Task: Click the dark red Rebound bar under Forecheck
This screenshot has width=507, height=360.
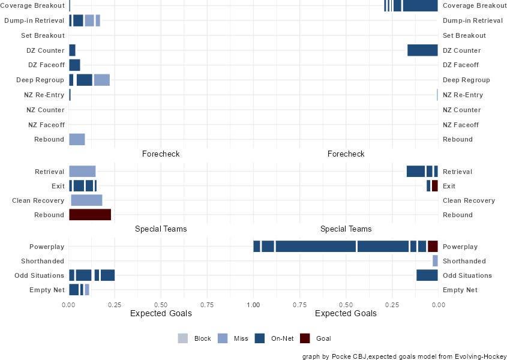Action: [90, 215]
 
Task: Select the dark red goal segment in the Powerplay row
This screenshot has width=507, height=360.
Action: [433, 247]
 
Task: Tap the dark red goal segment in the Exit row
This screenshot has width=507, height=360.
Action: [435, 186]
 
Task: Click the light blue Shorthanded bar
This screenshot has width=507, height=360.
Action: [435, 261]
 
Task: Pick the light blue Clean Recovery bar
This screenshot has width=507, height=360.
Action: [86, 200]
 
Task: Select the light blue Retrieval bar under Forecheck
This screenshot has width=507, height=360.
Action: [82, 172]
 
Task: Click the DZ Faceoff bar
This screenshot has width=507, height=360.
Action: [74, 65]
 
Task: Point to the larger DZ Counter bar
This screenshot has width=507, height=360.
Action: [422, 50]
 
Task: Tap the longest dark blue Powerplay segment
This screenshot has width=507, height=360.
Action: [316, 247]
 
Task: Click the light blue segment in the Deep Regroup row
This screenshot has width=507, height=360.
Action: [102, 80]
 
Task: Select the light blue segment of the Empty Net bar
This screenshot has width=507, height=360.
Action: [87, 290]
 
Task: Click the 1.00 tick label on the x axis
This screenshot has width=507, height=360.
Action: [253, 304]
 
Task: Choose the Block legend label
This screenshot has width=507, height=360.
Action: [202, 338]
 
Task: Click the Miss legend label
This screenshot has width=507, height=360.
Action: [241, 338]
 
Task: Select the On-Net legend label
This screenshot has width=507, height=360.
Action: [282, 338]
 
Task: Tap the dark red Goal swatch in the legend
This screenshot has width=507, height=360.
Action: [305, 338]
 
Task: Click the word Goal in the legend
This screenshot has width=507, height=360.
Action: [323, 338]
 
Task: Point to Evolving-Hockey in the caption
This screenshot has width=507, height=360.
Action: [477, 355]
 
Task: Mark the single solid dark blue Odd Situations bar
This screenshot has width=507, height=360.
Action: [427, 275]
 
